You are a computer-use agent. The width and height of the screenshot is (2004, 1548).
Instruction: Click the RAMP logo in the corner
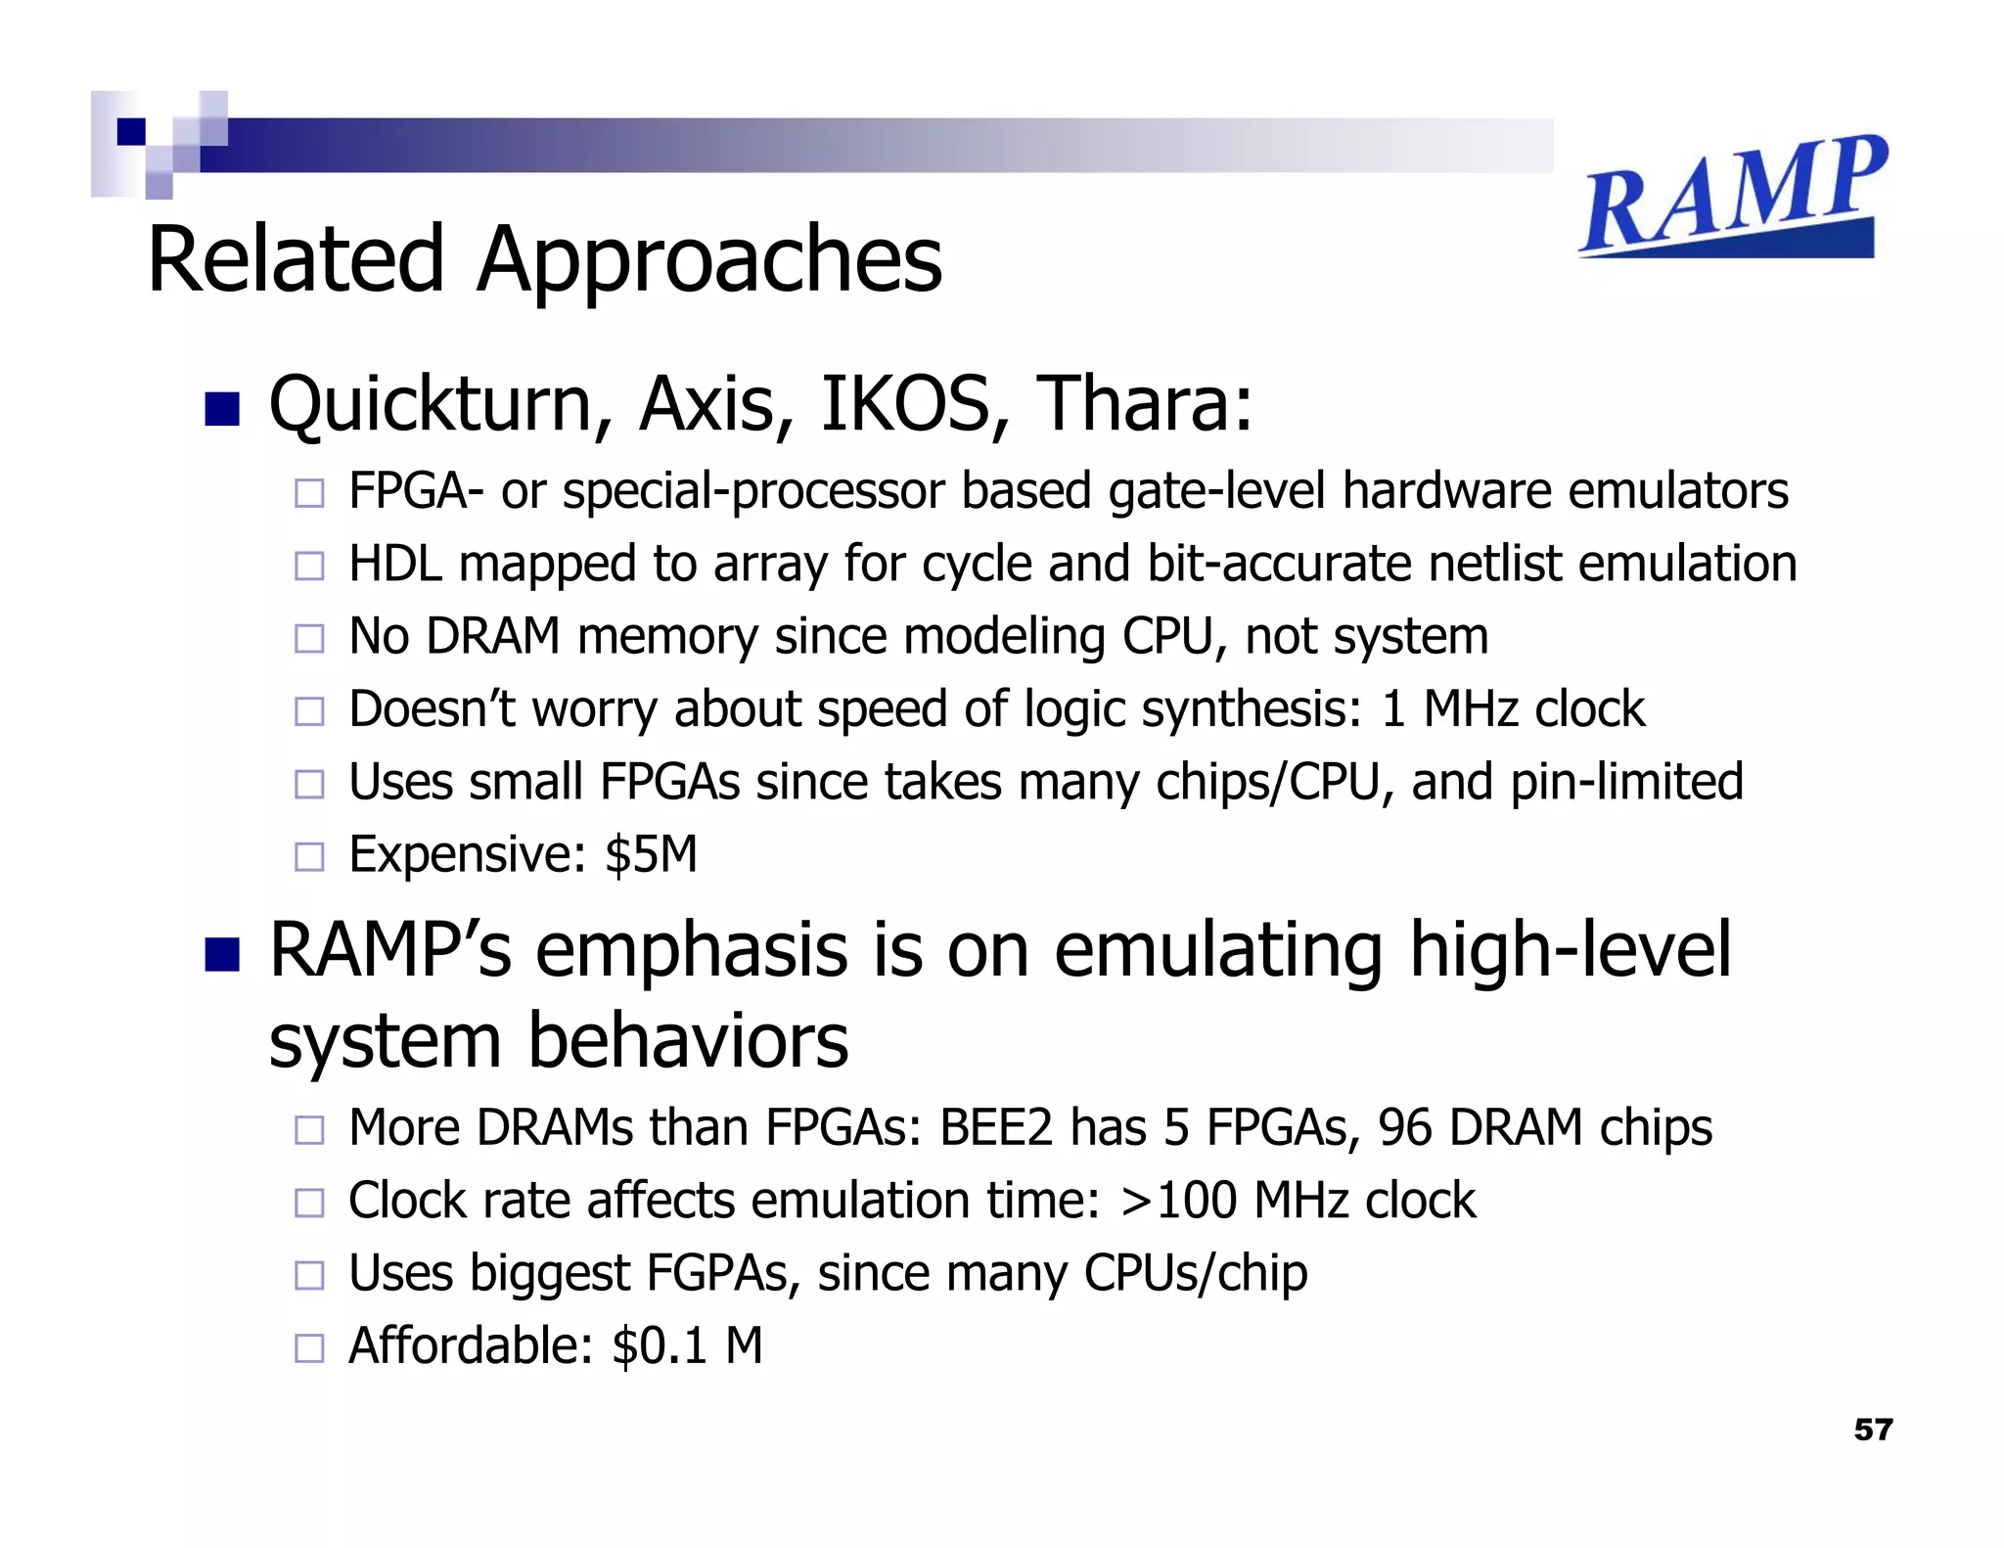coord(1732,196)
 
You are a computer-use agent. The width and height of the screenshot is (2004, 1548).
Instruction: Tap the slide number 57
coord(1873,1430)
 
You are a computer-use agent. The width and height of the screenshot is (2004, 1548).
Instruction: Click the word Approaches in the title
coord(709,259)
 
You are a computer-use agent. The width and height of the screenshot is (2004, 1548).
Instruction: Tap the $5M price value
coord(651,854)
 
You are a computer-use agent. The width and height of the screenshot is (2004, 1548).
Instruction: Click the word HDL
coord(395,565)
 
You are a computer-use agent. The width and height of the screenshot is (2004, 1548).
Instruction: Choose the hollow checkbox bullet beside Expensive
coord(309,857)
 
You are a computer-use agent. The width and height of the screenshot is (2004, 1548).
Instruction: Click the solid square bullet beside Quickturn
coord(222,409)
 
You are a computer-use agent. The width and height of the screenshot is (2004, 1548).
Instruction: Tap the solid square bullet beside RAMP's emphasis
coord(222,955)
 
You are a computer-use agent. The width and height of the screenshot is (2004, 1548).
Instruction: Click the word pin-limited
coord(1626,782)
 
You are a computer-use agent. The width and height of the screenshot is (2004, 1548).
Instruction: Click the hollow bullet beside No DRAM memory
coord(309,639)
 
